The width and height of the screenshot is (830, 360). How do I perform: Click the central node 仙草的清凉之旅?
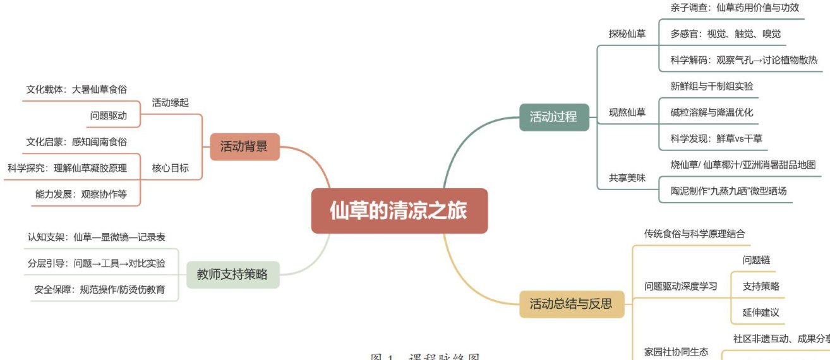[x=399, y=211]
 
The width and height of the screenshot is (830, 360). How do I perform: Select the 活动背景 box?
[x=244, y=147]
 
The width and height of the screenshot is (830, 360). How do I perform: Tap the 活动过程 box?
[x=553, y=117]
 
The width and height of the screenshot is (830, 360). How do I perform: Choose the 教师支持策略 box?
[x=232, y=274]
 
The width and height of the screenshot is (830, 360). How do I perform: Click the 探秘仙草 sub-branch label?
[x=627, y=33]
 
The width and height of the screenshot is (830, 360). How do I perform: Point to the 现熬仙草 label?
[x=627, y=112]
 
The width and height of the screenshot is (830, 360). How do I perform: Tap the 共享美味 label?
[x=627, y=178]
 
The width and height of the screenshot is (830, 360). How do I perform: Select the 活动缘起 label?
[x=170, y=102]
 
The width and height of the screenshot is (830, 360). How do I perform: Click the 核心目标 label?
[x=170, y=168]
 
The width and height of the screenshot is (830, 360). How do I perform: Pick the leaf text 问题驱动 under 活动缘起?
[x=108, y=116]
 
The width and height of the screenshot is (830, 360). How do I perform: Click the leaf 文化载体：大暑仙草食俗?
[x=76, y=90]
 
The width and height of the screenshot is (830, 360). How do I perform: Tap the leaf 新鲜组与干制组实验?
[x=711, y=86]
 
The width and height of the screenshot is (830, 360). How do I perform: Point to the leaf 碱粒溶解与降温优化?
[x=711, y=112]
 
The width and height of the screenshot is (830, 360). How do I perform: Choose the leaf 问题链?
[x=756, y=260]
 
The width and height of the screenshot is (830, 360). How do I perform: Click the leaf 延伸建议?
[x=761, y=312]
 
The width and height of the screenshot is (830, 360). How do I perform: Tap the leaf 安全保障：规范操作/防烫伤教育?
[x=100, y=289]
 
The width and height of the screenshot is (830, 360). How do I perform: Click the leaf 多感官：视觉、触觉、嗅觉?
[x=725, y=33]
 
